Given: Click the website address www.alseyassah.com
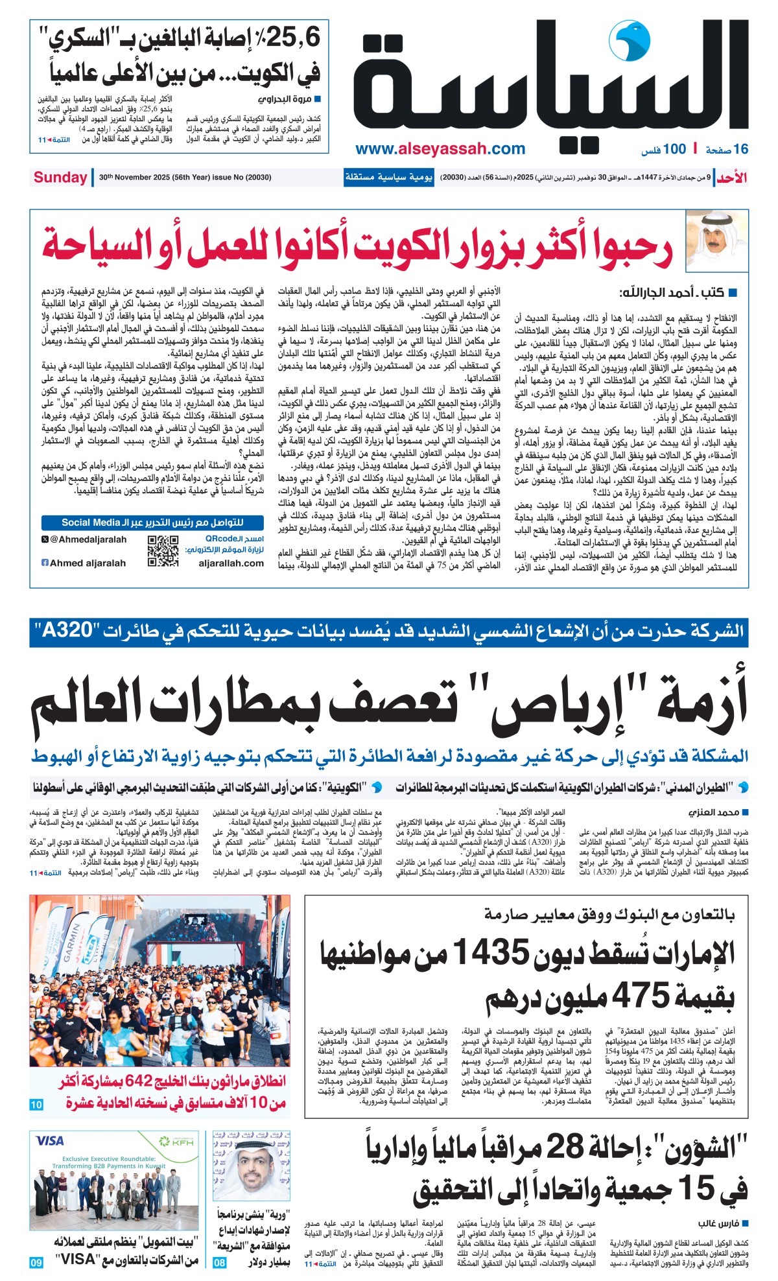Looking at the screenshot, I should [440, 148].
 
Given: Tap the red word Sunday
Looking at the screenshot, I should [60, 177].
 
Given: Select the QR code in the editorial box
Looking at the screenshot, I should [163, 552].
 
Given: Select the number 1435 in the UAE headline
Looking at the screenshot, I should [491, 952].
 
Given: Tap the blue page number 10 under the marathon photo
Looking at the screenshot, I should [36, 1105].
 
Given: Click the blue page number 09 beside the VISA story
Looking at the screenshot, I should [36, 1262].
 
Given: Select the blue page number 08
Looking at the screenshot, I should [220, 1262].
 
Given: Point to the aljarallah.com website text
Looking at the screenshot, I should [231, 563].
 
